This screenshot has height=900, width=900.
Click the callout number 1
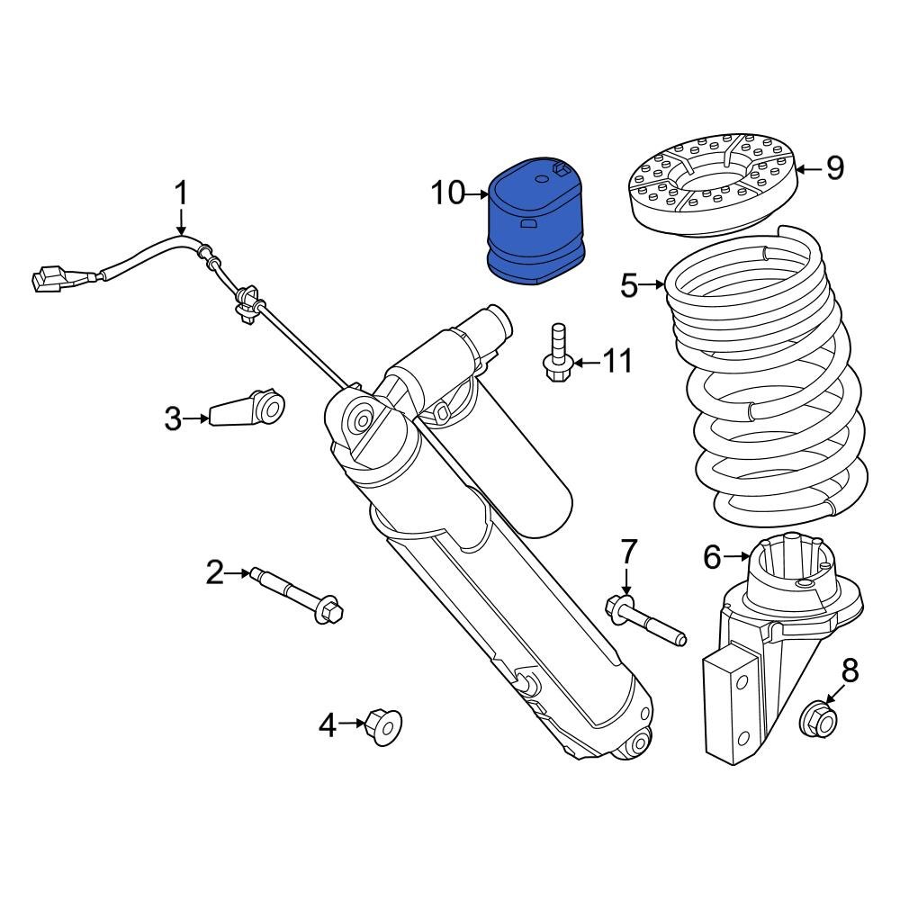point(181,193)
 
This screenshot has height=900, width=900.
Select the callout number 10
point(446,193)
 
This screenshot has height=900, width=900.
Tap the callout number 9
point(835,167)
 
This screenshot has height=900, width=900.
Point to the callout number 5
point(629,286)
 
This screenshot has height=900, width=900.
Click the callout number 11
point(617,362)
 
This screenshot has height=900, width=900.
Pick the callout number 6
point(712,558)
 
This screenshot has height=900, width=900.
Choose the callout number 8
point(850,670)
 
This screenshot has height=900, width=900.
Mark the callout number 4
point(327,724)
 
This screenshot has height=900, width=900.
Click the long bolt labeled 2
point(297,595)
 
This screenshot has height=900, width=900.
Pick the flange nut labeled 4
point(382,724)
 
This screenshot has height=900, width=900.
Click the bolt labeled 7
point(646,620)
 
